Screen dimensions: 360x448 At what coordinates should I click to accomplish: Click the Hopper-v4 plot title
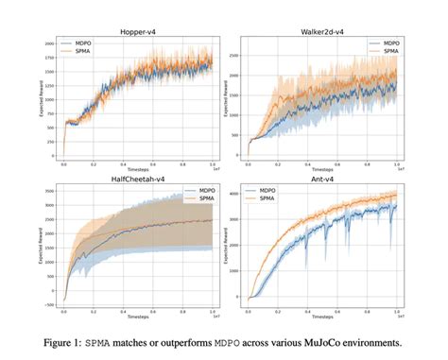coord(139,33)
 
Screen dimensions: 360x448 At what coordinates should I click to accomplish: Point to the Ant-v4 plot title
coord(319,181)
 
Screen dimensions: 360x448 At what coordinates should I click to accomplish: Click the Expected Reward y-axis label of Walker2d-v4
coord(218,101)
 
